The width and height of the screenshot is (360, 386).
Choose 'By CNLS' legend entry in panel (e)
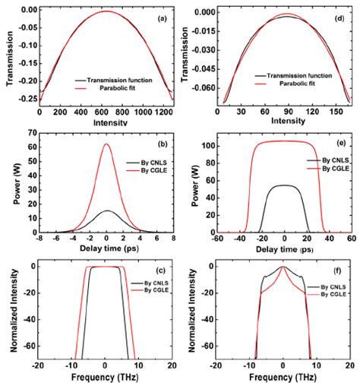(328, 161)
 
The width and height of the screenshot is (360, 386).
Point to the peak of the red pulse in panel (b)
(106, 144)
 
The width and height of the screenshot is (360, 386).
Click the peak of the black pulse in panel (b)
(106, 210)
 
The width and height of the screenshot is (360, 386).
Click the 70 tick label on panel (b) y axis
(32, 134)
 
